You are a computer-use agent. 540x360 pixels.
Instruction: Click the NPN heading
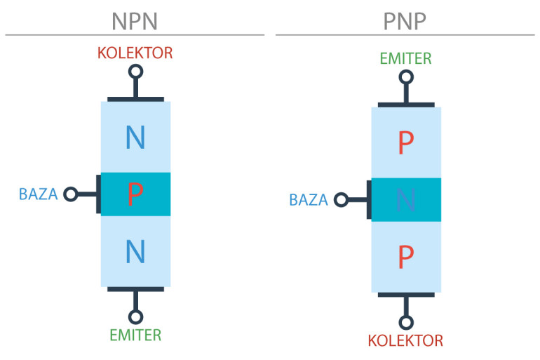tap(135, 21)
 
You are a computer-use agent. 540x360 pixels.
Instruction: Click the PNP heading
tap(405, 21)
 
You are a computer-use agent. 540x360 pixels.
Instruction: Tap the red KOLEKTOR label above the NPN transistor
tap(135, 53)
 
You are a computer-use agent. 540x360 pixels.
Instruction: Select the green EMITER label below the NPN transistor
tap(135, 335)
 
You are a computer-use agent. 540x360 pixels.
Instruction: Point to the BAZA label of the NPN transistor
tap(39, 194)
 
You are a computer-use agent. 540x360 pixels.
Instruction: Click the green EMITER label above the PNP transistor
tap(405, 58)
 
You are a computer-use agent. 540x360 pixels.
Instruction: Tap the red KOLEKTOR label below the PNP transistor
tap(405, 341)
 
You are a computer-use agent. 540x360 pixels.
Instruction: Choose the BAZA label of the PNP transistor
tap(309, 200)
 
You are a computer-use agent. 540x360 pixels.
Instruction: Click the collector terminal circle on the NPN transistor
tap(135, 72)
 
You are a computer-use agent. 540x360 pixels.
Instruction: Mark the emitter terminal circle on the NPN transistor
tap(135, 317)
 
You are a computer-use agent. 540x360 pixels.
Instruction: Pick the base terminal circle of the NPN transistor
tap(71, 194)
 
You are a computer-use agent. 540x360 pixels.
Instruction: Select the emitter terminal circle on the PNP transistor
tap(406, 77)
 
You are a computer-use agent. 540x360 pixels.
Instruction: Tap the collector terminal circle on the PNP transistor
tap(406, 322)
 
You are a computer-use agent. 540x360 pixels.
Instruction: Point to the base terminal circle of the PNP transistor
tap(341, 200)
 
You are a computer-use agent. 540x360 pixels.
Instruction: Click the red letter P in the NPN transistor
tap(135, 194)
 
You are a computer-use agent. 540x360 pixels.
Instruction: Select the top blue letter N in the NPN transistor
tap(135, 137)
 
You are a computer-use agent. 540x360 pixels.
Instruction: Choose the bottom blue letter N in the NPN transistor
tap(135, 251)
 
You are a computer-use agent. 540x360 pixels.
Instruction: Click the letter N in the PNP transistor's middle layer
tap(406, 200)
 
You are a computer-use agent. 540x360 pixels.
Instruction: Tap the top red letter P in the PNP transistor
tap(406, 142)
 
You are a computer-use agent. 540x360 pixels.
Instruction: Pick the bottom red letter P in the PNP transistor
tap(406, 257)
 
